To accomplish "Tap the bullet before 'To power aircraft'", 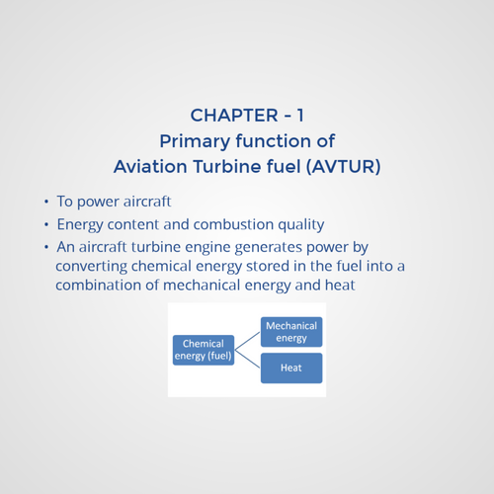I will pos(45,203).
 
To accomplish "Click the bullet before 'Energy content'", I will pos(45,225).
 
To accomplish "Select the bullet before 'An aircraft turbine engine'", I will pos(45,247).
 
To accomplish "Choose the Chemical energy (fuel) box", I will pos(203,350).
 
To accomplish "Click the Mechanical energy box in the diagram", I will pos(291,331).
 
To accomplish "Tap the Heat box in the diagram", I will pos(291,368).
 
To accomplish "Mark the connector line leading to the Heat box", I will pos(247,359).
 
